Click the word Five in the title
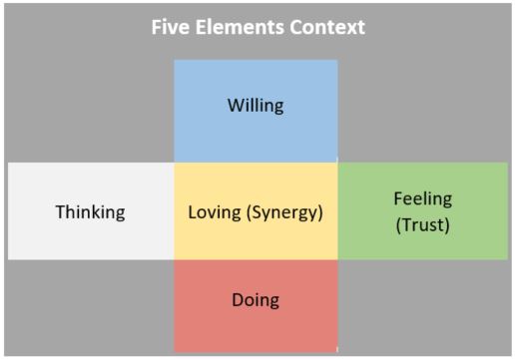coord(168,27)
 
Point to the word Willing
coord(256,105)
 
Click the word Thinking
coord(90,211)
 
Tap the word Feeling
coord(422,198)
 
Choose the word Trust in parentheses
coord(422,224)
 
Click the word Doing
coord(256,299)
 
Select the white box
coord(90,239)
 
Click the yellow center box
coord(256,239)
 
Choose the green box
coord(422,244)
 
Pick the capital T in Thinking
coord(60,211)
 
